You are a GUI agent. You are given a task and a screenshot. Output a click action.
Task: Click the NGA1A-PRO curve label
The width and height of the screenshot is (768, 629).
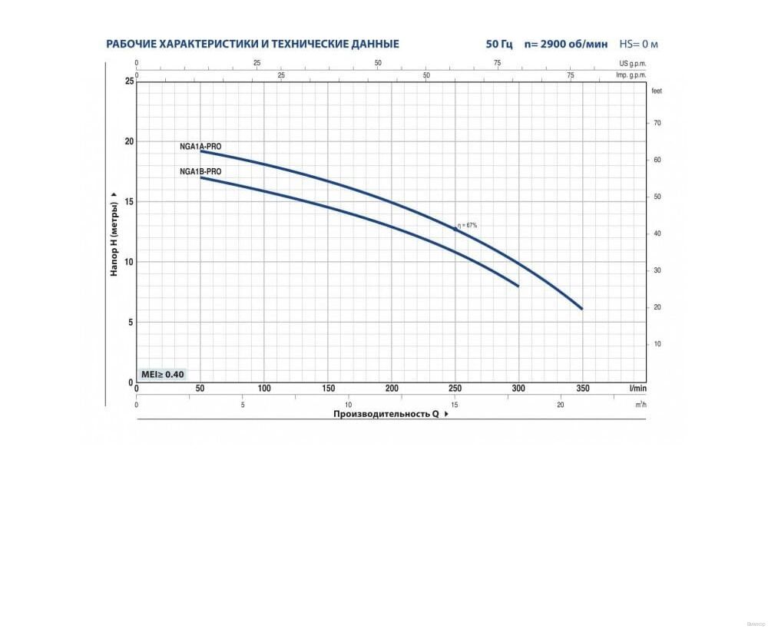[200, 145]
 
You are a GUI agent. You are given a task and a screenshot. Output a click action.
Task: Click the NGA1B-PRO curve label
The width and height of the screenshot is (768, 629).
[200, 171]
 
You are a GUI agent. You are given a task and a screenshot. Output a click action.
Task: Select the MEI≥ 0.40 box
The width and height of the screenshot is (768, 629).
[162, 374]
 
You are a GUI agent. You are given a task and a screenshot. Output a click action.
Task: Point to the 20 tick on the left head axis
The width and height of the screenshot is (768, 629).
[128, 141]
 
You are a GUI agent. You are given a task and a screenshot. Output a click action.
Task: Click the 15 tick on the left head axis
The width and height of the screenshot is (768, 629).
[128, 202]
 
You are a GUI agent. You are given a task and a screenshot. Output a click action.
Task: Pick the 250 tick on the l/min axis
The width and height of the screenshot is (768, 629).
[455, 389]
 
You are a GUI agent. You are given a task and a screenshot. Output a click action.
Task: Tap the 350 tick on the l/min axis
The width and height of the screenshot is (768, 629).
[583, 389]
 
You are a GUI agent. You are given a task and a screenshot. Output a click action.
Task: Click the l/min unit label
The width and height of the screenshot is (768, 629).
[637, 389]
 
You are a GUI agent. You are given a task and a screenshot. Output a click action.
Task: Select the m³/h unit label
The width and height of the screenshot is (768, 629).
[640, 404]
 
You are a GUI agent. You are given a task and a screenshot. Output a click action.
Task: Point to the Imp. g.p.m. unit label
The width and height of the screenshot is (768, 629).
[631, 75]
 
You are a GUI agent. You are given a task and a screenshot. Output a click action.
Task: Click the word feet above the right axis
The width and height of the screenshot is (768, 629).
[656, 91]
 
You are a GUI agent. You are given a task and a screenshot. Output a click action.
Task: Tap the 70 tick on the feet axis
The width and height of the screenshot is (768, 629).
[657, 123]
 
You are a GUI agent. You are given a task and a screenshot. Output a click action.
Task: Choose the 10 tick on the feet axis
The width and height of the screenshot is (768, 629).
[657, 344]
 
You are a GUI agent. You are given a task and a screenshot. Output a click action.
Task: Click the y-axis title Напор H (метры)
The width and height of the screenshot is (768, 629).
[114, 234]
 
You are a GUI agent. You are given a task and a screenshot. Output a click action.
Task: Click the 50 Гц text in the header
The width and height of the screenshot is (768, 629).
[498, 44]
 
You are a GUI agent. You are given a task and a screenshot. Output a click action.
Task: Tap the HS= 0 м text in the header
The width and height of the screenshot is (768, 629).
[638, 44]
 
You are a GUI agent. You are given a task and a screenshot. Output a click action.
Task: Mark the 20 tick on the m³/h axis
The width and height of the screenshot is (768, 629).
[561, 404]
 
